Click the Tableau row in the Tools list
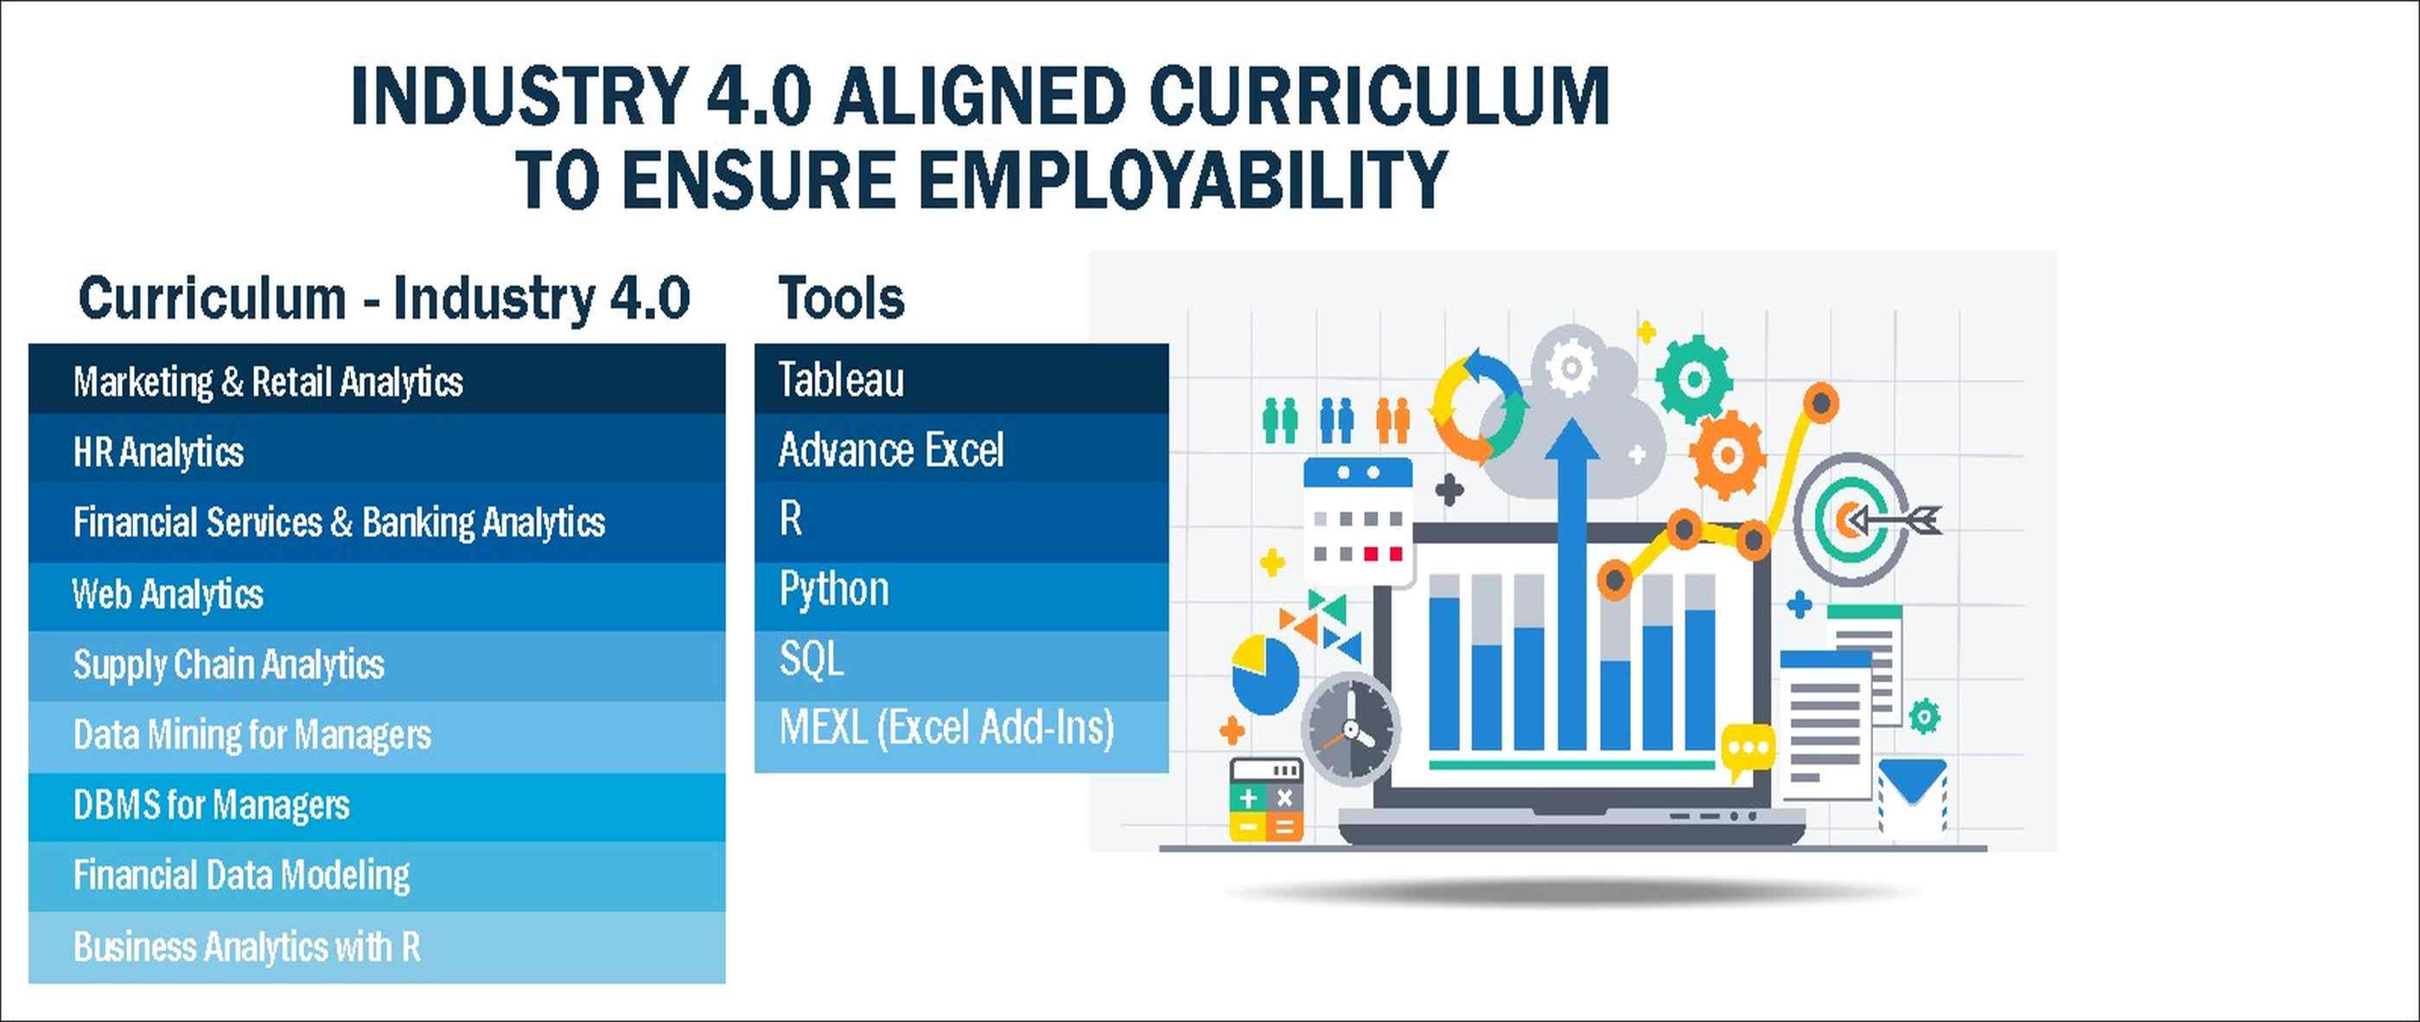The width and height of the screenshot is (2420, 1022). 961,378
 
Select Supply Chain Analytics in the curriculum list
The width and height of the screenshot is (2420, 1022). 377,665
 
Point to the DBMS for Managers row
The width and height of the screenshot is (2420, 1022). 377,806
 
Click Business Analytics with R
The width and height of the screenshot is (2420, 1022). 377,947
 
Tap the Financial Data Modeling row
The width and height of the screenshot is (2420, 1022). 377,875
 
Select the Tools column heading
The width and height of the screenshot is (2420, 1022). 841,299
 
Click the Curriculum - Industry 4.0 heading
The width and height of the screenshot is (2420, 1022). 385,299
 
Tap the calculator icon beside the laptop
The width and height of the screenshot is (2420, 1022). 1266,799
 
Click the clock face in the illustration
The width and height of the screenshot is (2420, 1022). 1351,729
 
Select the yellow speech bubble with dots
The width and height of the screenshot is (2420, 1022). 1748,750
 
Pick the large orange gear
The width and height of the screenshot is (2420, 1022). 1727,454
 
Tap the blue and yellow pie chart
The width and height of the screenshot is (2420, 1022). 1264,676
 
